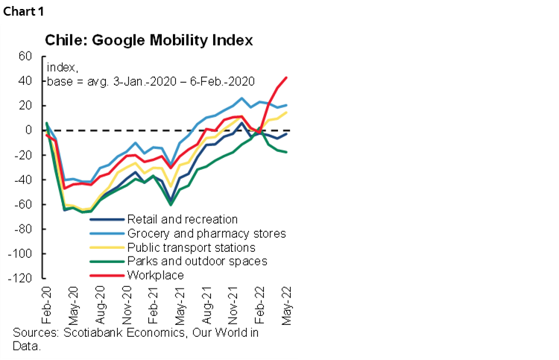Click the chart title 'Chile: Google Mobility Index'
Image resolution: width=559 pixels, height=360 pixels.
pyautogui.click(x=149, y=40)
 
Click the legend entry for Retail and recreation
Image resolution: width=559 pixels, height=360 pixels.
pyautogui.click(x=183, y=219)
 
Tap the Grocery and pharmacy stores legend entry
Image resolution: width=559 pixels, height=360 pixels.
pyautogui.click(x=206, y=233)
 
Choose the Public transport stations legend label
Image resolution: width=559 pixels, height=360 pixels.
pyautogui.click(x=192, y=247)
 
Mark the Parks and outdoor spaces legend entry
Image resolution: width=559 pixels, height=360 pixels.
pyautogui.click(x=198, y=261)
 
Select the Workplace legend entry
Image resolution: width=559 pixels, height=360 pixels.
pyautogui.click(x=156, y=275)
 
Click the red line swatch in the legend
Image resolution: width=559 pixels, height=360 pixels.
pyautogui.click(x=107, y=275)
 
